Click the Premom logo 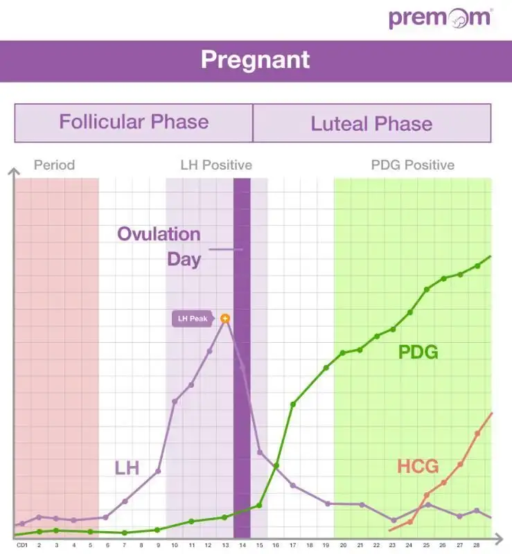pyautogui.click(x=440, y=18)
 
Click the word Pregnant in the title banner pyautogui.click(x=256, y=60)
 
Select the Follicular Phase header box pyautogui.click(x=134, y=123)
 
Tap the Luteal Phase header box pyautogui.click(x=371, y=124)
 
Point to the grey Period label pyautogui.click(x=54, y=165)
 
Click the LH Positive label pyautogui.click(x=216, y=165)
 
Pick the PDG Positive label pyautogui.click(x=413, y=165)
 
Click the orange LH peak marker pyautogui.click(x=225, y=319)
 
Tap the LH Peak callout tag pyautogui.click(x=193, y=319)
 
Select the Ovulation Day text pyautogui.click(x=159, y=246)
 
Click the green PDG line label pyautogui.click(x=418, y=352)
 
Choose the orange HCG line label pyautogui.click(x=418, y=466)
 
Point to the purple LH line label pyautogui.click(x=127, y=468)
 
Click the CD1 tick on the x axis pyautogui.click(x=22, y=545)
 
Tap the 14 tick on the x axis pyautogui.click(x=242, y=545)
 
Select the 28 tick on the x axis pyautogui.click(x=477, y=545)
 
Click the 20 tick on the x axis pyautogui.click(x=343, y=545)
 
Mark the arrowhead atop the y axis pyautogui.click(x=14, y=170)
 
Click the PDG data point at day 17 pyautogui.click(x=293, y=404)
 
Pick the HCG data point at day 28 pyautogui.click(x=477, y=434)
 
